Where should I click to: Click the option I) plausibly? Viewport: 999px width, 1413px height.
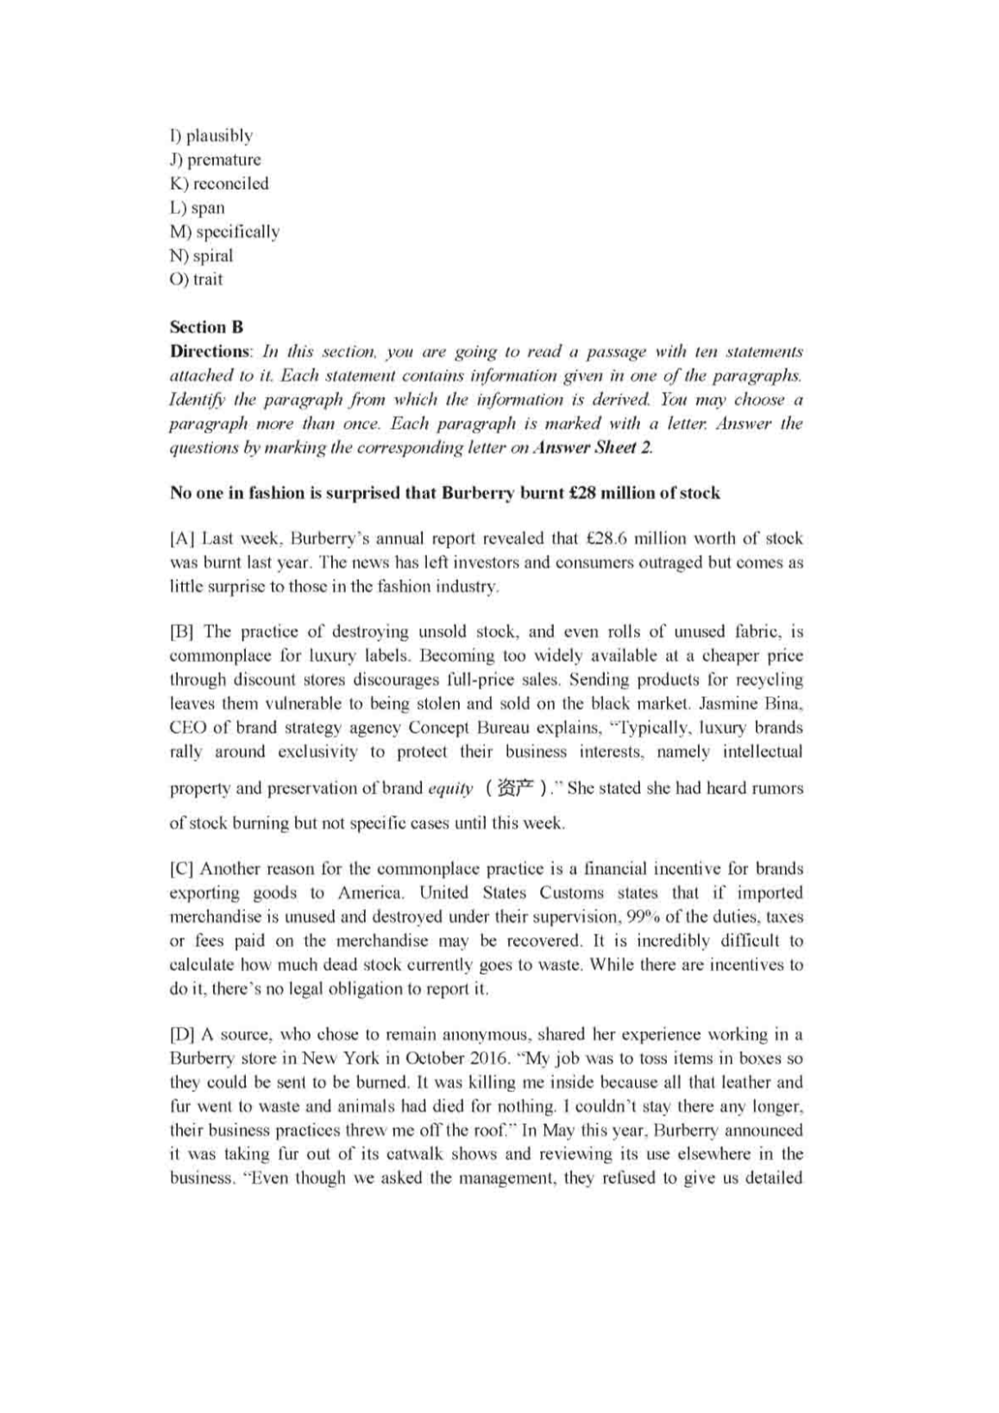pyautogui.click(x=211, y=135)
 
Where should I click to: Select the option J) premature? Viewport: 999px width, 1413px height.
pyautogui.click(x=215, y=160)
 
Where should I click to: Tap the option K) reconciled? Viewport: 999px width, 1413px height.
pyautogui.click(x=219, y=184)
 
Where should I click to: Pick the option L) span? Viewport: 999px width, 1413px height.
pyautogui.click(x=197, y=208)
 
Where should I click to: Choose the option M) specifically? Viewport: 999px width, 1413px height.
pyautogui.click(x=224, y=232)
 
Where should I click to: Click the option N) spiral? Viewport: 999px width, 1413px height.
pyautogui.click(x=202, y=255)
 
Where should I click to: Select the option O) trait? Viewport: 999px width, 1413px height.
pyautogui.click(x=197, y=279)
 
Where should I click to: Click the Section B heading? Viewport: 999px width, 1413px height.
pyautogui.click(x=206, y=327)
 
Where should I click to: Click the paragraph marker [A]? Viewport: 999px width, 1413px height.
pyautogui.click(x=181, y=539)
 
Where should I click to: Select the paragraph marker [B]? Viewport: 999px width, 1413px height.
pyautogui.click(x=181, y=631)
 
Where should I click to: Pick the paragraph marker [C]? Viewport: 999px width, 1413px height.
pyautogui.click(x=181, y=869)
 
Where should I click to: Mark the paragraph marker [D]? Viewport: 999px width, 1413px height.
pyautogui.click(x=181, y=1034)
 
